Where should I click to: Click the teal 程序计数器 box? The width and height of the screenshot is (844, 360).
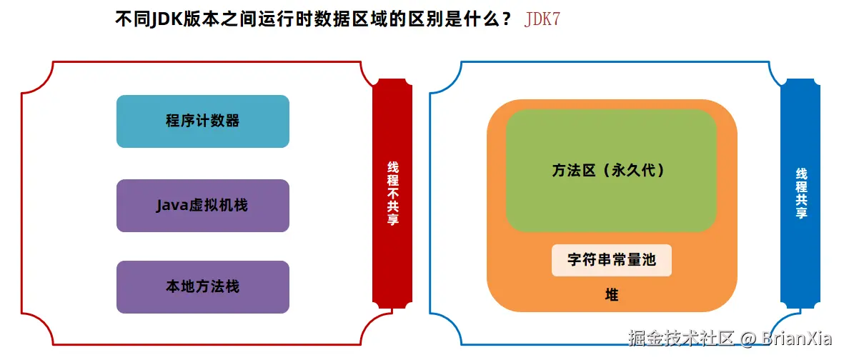pyautogui.click(x=202, y=121)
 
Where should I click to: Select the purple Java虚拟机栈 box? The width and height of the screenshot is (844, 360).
pyautogui.click(x=202, y=206)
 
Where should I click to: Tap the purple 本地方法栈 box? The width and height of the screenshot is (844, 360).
pyautogui.click(x=202, y=287)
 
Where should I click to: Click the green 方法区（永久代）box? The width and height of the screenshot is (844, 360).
pyautogui.click(x=610, y=171)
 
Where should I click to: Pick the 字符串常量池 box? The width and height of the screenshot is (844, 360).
pyautogui.click(x=611, y=260)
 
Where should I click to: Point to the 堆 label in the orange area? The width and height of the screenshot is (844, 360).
pyautogui.click(x=611, y=294)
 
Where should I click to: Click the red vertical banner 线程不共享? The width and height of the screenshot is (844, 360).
pyautogui.click(x=392, y=193)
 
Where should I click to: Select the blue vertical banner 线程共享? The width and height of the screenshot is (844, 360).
pyautogui.click(x=801, y=193)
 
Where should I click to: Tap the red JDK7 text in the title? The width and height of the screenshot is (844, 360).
pyautogui.click(x=542, y=19)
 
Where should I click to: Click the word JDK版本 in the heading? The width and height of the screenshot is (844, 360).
pyautogui.click(x=177, y=19)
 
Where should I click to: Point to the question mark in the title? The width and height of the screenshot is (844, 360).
pyautogui.click(x=507, y=19)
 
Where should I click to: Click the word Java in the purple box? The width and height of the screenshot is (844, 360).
pyautogui.click(x=172, y=206)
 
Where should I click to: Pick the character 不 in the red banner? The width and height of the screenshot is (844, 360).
pyautogui.click(x=392, y=193)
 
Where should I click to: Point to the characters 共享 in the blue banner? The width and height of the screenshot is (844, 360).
pyautogui.click(x=801, y=206)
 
